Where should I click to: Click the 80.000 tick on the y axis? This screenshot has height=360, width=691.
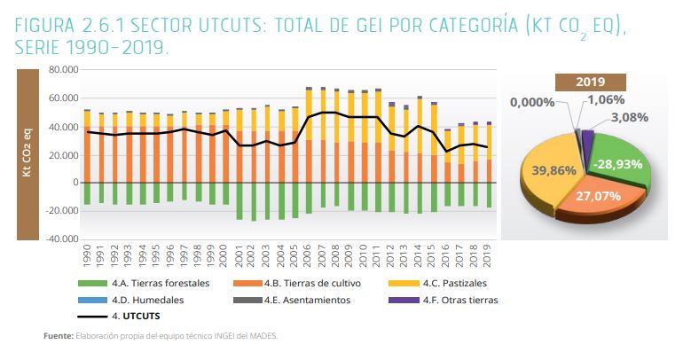click(64, 69)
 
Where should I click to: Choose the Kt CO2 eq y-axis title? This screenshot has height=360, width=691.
click(29, 153)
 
